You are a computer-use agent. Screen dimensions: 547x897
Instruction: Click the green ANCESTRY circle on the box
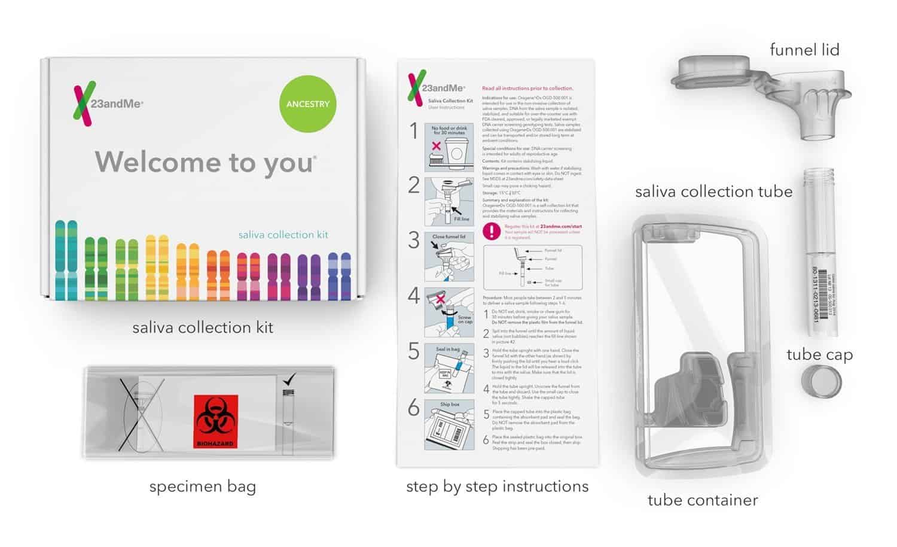tap(307, 104)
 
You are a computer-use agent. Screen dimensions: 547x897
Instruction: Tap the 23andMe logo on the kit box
tap(108, 104)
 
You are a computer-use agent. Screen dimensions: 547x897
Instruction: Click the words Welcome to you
tap(206, 162)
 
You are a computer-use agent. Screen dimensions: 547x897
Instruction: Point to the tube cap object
tap(821, 381)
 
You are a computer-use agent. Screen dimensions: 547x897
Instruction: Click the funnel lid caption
tap(804, 50)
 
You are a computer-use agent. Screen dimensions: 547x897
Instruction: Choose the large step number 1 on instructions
tap(413, 131)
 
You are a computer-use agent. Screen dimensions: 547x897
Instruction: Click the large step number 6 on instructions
tap(414, 408)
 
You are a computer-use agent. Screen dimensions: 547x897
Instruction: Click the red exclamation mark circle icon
tap(492, 230)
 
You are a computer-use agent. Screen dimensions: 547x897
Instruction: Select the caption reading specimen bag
tap(202, 487)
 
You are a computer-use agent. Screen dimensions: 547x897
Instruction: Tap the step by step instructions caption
tap(497, 487)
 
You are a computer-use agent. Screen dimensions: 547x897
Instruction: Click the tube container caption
tap(703, 500)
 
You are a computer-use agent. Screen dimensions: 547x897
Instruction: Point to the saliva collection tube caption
tap(713, 192)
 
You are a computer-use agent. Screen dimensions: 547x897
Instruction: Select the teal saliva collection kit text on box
tap(283, 235)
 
